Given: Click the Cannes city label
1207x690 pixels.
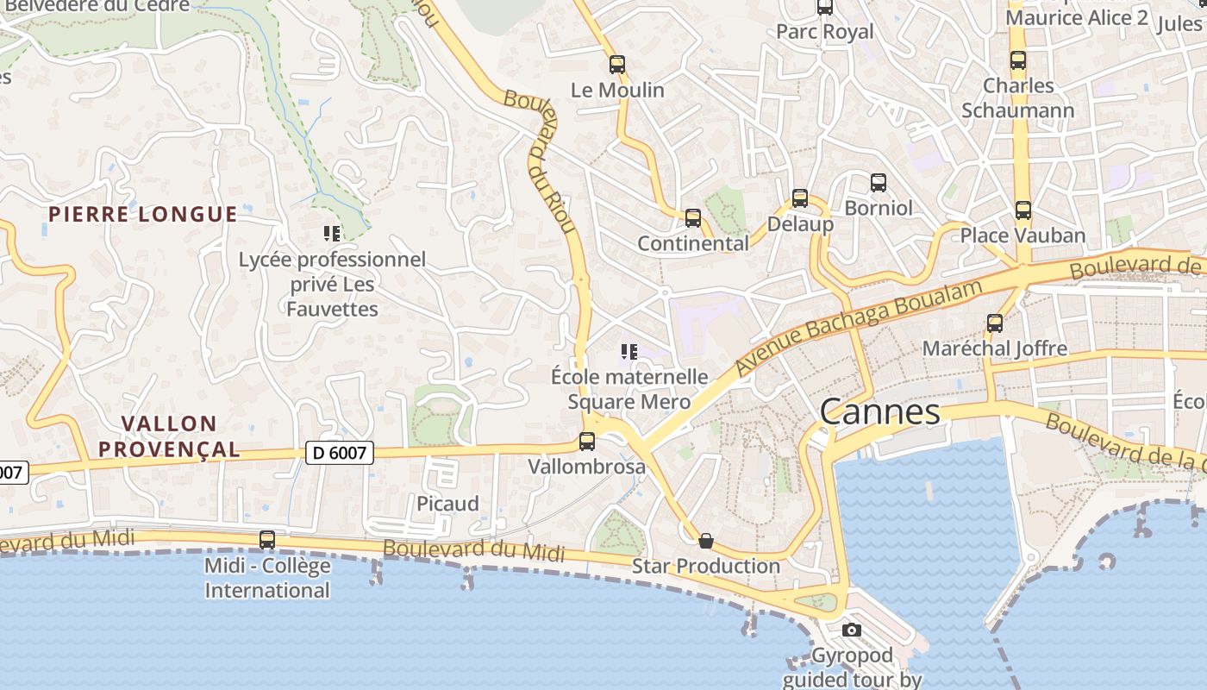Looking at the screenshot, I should point(879,412).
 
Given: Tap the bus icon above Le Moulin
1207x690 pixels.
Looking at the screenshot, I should point(616,64).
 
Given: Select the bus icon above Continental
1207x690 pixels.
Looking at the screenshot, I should point(692,218).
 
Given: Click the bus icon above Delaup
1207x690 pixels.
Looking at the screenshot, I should point(799,198).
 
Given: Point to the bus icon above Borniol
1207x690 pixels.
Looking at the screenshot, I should point(878,183).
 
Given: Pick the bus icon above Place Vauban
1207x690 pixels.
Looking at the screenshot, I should point(1023,210).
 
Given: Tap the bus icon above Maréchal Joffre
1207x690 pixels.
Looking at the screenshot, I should point(994,323).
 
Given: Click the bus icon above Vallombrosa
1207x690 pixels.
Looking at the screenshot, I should point(586,442).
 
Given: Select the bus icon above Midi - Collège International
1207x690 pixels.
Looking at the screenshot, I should point(267,540).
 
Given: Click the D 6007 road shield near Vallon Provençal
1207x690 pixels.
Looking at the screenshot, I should point(340,452).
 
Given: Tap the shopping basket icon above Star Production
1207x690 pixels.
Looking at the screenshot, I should point(705,541).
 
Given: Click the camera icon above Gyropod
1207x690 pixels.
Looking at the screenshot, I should point(851,630).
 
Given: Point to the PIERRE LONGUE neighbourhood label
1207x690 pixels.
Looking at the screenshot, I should point(142,214).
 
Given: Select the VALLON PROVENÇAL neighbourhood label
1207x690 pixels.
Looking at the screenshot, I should point(168,436).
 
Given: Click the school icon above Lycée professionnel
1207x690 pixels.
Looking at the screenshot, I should point(332,233).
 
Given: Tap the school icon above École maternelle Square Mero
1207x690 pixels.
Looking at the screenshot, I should point(629,351).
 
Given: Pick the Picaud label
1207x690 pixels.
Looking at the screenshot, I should point(447,504).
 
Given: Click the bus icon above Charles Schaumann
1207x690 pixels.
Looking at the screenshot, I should point(1017,60).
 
